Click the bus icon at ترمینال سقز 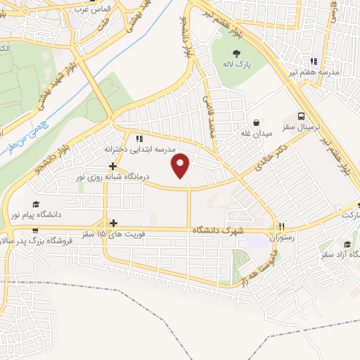[x=301, y=116]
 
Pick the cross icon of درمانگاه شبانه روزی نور [x=112, y=166]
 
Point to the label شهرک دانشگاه [x=221, y=231]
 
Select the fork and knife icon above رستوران [x=282, y=226]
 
